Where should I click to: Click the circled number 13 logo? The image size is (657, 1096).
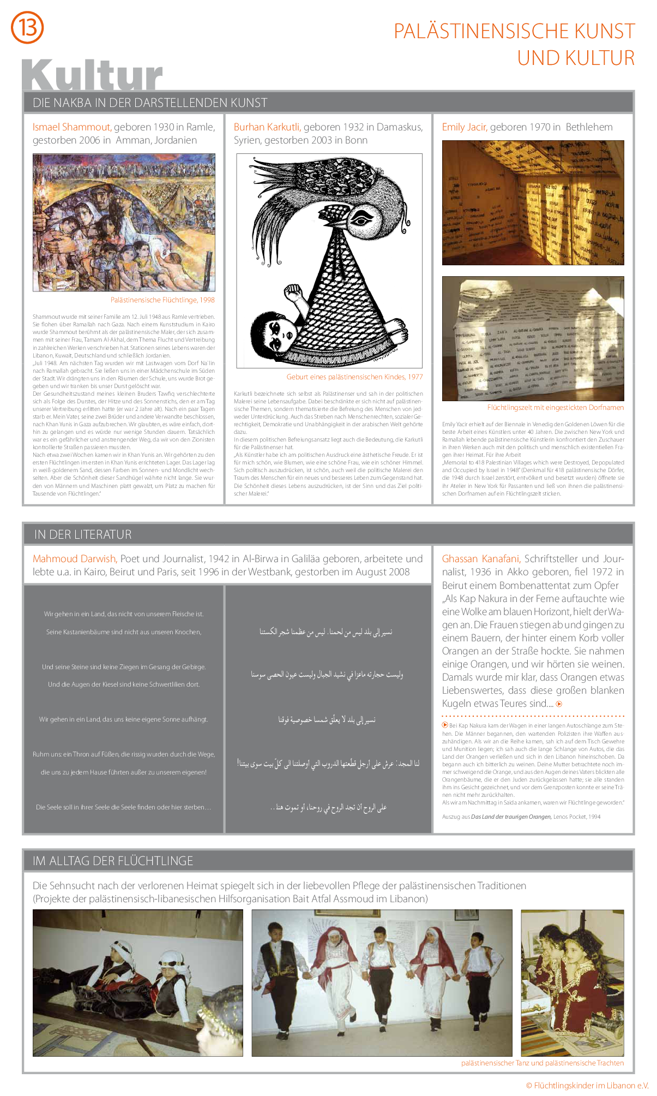(x=27, y=27)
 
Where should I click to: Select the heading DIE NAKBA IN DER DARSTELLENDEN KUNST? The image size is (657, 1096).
(x=150, y=103)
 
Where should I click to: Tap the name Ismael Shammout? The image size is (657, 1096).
(x=71, y=127)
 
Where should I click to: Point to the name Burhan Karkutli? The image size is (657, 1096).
(x=267, y=127)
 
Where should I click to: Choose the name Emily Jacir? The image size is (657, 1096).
(x=464, y=127)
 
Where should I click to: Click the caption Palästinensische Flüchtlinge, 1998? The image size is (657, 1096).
(x=162, y=300)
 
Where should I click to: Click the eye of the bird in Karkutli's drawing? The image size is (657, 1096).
(x=361, y=219)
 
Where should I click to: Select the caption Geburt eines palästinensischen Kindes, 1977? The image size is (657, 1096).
(x=354, y=377)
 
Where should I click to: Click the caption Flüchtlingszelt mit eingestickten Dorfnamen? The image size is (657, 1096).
(x=555, y=408)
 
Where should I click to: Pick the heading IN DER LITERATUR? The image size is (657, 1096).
(x=83, y=534)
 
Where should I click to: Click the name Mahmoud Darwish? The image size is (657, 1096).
(x=74, y=559)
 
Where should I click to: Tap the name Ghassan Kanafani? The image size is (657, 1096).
(x=480, y=559)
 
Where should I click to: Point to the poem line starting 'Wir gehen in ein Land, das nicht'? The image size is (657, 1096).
(x=124, y=614)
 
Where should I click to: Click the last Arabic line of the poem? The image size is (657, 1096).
(x=328, y=807)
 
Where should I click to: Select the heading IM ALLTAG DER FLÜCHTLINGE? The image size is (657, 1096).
(x=113, y=861)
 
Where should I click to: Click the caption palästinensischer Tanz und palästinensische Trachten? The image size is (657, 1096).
(x=542, y=1063)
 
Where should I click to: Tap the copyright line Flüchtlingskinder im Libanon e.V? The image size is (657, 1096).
(x=587, y=1086)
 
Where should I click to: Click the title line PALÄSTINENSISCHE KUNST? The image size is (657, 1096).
(x=514, y=31)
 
